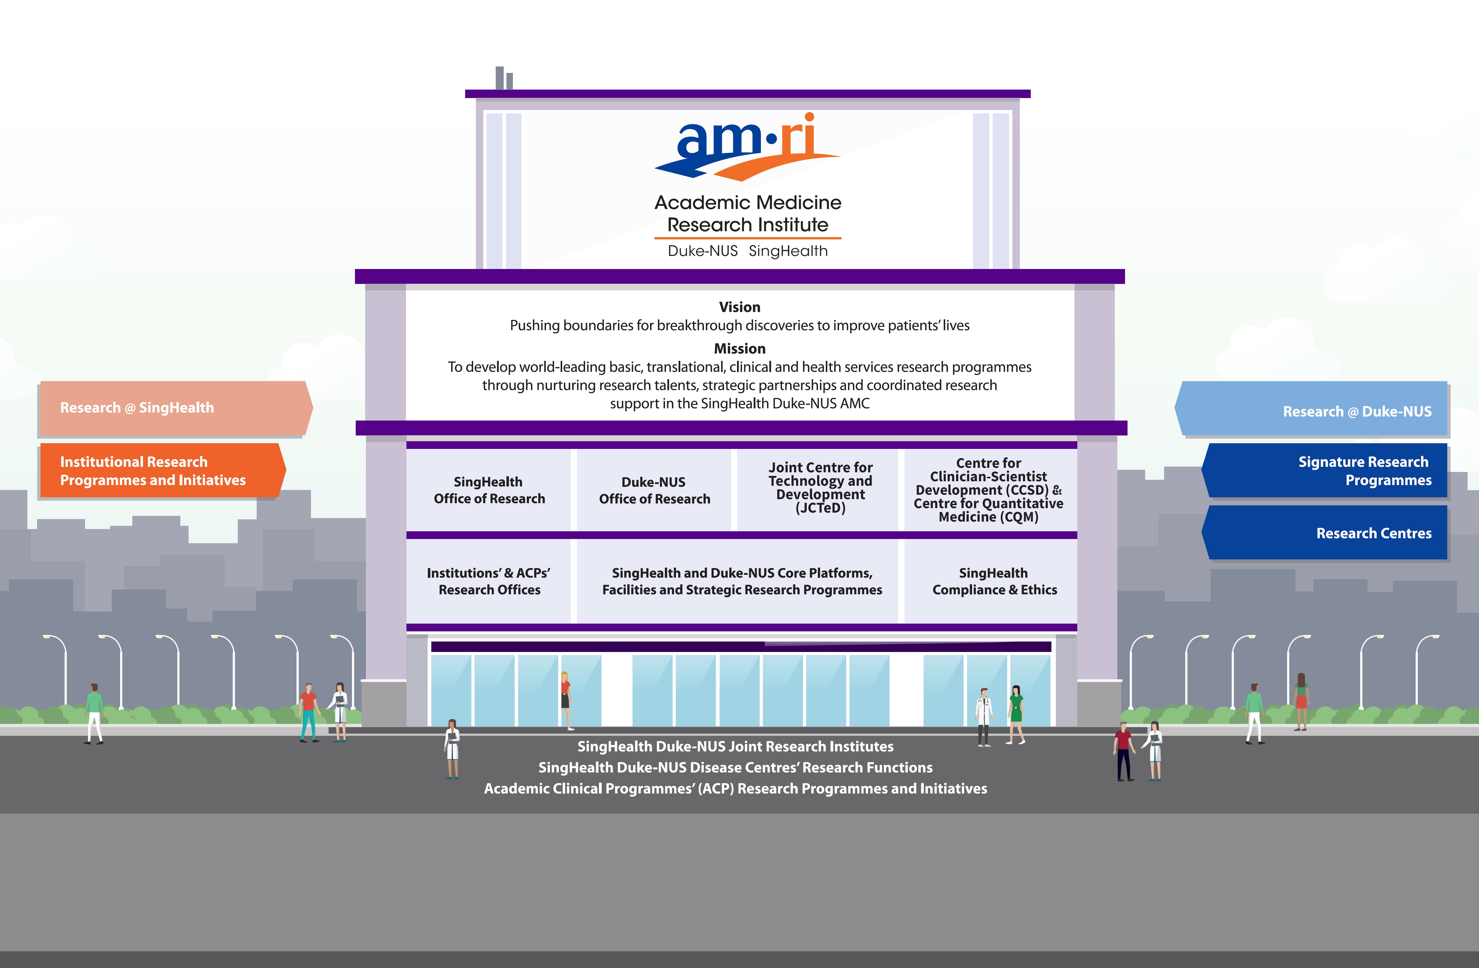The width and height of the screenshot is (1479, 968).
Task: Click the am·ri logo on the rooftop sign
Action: (x=747, y=147)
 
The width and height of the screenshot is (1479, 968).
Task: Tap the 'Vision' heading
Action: (x=739, y=307)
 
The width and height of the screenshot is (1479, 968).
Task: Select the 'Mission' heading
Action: (x=739, y=349)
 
